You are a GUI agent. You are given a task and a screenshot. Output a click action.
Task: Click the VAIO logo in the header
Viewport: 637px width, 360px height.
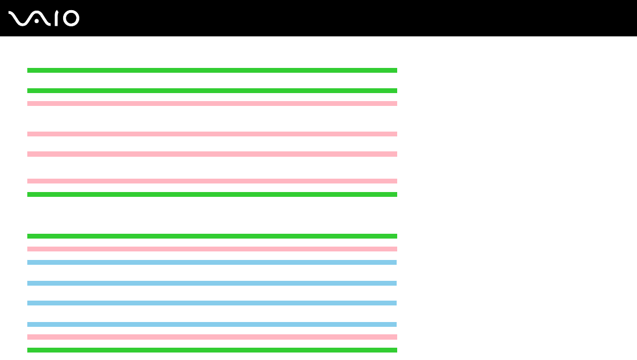(x=44, y=19)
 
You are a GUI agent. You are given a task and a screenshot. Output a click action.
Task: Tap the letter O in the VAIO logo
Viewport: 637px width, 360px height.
(x=71, y=19)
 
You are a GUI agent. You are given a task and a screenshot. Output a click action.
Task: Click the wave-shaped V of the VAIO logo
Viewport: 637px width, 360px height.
(x=20, y=19)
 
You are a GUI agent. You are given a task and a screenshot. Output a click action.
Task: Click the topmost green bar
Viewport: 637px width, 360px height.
(x=212, y=70)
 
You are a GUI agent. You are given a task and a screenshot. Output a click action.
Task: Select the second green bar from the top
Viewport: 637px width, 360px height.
(x=212, y=90)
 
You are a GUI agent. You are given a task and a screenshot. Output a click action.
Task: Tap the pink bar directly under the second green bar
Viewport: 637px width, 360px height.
(x=212, y=103)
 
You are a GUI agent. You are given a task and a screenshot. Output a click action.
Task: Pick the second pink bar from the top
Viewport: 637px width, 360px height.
(x=212, y=134)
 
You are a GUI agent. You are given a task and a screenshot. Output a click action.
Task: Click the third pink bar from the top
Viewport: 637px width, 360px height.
(x=212, y=154)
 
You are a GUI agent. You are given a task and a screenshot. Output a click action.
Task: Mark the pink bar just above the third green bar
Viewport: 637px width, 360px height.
(x=212, y=181)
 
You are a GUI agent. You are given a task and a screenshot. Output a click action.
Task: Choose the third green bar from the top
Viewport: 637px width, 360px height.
(x=212, y=194)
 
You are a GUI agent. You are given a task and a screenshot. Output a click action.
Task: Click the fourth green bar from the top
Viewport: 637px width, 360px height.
(x=212, y=236)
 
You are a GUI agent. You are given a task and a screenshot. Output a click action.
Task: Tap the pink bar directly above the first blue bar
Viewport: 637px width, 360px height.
(x=212, y=249)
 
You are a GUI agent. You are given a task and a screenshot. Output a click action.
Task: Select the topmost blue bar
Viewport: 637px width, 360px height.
(x=212, y=262)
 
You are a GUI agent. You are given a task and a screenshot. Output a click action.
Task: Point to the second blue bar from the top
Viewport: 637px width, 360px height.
(x=212, y=283)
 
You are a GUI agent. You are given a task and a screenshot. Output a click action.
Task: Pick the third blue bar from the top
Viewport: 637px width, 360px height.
(x=212, y=303)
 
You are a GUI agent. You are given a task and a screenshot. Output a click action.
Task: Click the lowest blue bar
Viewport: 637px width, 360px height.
(x=212, y=324)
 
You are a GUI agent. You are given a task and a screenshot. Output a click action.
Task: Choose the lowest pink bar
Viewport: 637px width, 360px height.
(x=212, y=337)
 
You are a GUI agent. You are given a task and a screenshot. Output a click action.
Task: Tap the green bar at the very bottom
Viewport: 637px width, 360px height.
(x=212, y=350)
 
